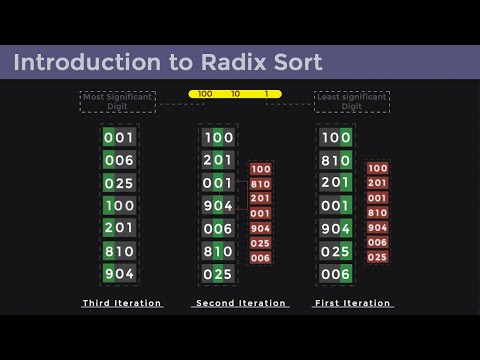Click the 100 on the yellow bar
point(204,94)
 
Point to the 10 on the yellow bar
point(235,94)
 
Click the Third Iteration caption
point(122,303)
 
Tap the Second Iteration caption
point(241,303)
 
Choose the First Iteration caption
point(353,303)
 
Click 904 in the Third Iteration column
point(119,274)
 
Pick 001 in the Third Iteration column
point(119,137)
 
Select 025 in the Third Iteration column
point(119,183)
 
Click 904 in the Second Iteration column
point(218,206)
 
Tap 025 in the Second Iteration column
point(218,274)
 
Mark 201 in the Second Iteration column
point(218,160)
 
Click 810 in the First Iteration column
point(336,160)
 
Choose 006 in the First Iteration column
point(336,274)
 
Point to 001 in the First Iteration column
point(336,206)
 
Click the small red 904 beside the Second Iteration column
point(260,228)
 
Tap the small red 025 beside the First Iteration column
point(378,257)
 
